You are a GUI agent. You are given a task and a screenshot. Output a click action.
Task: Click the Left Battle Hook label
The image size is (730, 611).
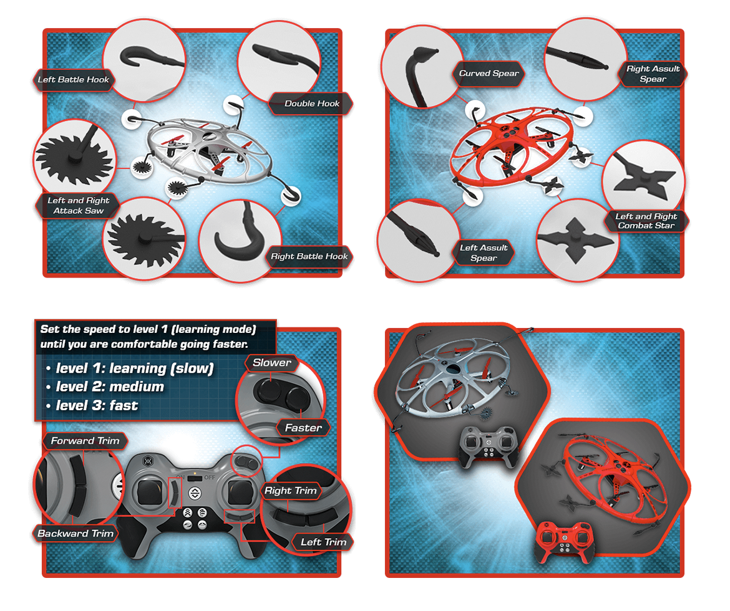click(73, 80)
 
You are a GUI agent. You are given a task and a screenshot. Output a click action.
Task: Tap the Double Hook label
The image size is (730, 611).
click(311, 103)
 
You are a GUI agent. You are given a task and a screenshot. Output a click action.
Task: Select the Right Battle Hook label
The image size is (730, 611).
click(309, 256)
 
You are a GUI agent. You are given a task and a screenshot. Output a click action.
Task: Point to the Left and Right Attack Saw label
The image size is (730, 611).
click(78, 205)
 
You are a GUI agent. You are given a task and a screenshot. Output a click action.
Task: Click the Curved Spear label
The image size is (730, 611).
click(489, 73)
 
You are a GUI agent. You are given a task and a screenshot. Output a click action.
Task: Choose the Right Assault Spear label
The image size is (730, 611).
click(653, 74)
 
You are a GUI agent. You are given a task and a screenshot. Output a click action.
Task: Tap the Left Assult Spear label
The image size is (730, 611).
click(484, 253)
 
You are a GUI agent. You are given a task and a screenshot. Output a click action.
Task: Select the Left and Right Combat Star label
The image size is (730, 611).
click(646, 221)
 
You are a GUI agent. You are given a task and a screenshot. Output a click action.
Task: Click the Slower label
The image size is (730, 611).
click(272, 362)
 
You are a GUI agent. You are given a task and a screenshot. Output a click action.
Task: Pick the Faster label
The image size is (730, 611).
click(303, 428)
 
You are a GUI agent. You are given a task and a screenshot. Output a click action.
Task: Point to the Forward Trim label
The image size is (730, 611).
click(85, 441)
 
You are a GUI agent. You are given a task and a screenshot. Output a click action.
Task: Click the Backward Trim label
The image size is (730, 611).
click(75, 533)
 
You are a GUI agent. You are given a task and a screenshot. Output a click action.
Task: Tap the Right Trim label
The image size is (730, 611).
click(291, 491)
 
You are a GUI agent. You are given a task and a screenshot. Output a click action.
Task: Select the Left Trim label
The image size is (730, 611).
click(323, 542)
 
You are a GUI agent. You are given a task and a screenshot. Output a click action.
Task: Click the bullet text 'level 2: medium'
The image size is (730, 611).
click(110, 387)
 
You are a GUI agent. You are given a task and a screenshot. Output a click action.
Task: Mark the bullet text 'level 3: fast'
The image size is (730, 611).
click(97, 405)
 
